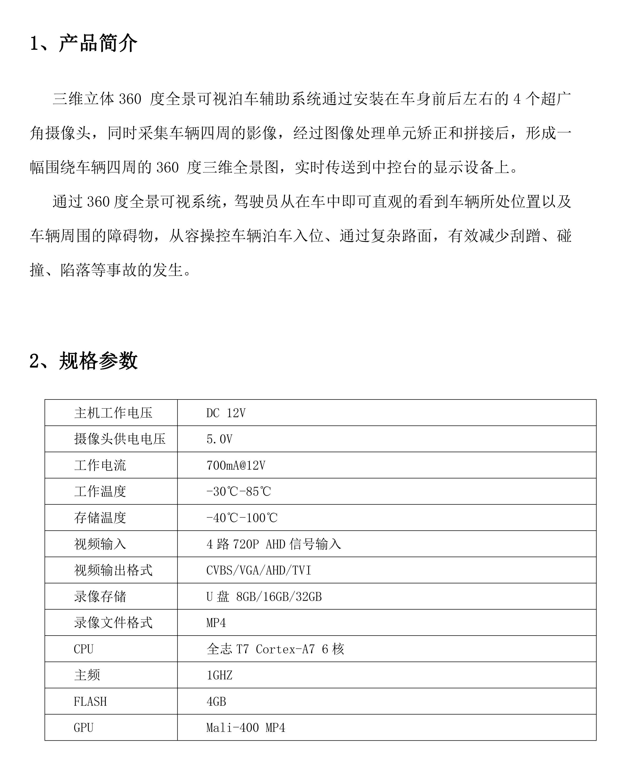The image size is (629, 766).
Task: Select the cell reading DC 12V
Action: [x=226, y=413]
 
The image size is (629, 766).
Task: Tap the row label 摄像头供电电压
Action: [x=120, y=439]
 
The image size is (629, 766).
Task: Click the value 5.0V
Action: [x=219, y=439]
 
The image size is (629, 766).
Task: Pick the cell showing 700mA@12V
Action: [x=235, y=465]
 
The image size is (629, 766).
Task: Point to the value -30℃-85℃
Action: [x=238, y=491]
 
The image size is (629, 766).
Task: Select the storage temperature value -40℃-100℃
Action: [x=242, y=518]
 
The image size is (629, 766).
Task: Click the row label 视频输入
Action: [x=100, y=544]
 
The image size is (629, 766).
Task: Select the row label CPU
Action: [x=83, y=649]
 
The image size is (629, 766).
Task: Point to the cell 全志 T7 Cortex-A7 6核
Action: [x=275, y=649]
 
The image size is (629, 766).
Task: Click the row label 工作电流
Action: [x=100, y=465]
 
